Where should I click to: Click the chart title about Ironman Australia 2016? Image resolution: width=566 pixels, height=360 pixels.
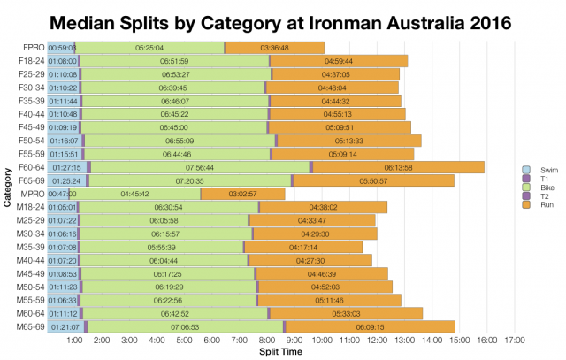click(283, 19)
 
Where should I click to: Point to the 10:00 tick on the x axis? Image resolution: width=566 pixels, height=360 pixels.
click(323, 340)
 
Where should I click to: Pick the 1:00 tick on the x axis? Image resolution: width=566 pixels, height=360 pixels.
click(75, 340)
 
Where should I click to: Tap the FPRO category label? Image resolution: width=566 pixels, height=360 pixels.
click(32, 47)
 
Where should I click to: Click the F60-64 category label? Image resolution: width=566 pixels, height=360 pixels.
click(31, 166)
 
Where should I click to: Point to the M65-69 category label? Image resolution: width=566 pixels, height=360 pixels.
click(31, 326)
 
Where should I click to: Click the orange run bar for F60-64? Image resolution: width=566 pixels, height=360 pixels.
click(398, 166)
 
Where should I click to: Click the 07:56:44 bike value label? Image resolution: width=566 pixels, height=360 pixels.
click(201, 166)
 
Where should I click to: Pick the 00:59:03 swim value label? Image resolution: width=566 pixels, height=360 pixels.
click(62, 47)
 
